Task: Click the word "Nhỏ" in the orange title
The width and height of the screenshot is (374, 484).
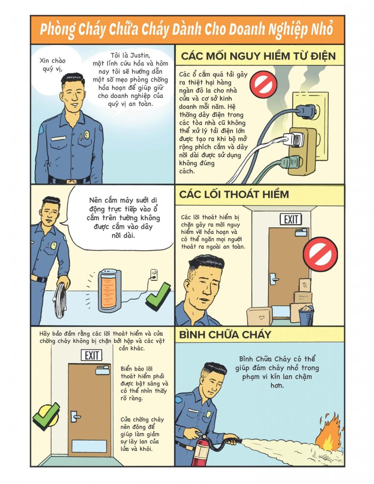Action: point(322,30)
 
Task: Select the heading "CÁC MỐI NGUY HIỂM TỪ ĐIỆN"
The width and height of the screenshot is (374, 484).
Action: point(258,56)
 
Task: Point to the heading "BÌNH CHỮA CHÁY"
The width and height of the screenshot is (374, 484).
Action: point(225,335)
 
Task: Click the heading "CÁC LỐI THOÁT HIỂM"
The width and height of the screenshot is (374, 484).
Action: point(234,194)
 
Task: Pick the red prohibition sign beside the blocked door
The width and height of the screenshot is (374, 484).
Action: point(320,254)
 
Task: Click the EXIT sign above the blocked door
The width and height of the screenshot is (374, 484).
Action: point(291,219)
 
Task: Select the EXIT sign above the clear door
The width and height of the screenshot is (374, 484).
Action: point(91,355)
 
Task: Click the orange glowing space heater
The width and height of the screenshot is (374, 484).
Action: point(109,291)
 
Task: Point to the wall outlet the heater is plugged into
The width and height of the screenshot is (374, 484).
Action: point(154,275)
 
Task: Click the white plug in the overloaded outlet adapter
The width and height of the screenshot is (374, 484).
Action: point(293,139)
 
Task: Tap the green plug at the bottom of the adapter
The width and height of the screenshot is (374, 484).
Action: point(291,163)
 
